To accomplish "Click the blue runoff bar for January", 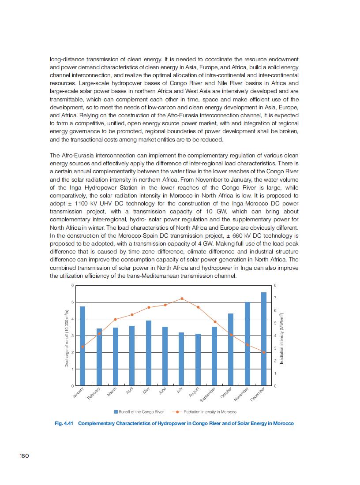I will click(x=82, y=346).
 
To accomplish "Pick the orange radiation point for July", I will click(x=181, y=298).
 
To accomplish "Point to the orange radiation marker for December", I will click(x=264, y=352).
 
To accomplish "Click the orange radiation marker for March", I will click(x=115, y=319).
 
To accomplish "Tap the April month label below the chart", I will click(x=130, y=391).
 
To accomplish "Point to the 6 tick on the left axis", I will click(x=73, y=285).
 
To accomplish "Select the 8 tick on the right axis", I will click(x=275, y=285).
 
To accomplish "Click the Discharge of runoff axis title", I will click(x=67, y=338).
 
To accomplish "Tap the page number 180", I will click(x=24, y=456).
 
